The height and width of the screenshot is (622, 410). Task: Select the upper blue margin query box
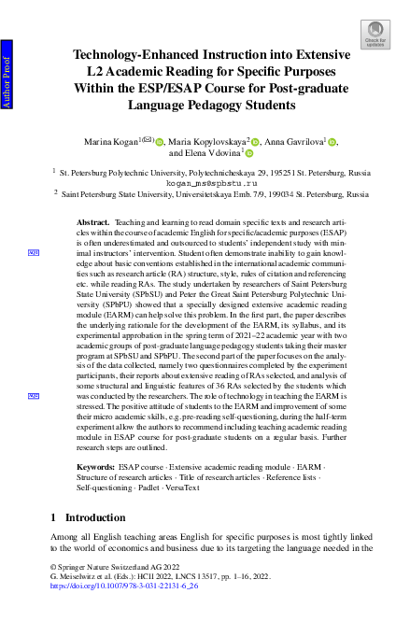[x=33, y=252]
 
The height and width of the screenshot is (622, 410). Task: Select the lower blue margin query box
[x=33, y=396]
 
